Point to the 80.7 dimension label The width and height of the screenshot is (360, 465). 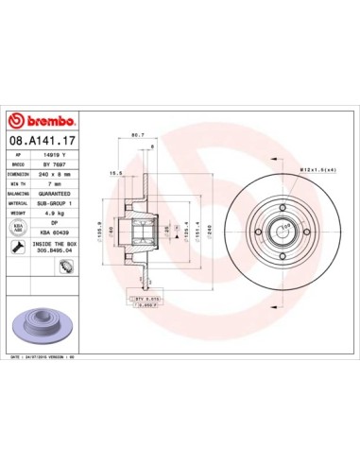pyautogui.click(x=136, y=135)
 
